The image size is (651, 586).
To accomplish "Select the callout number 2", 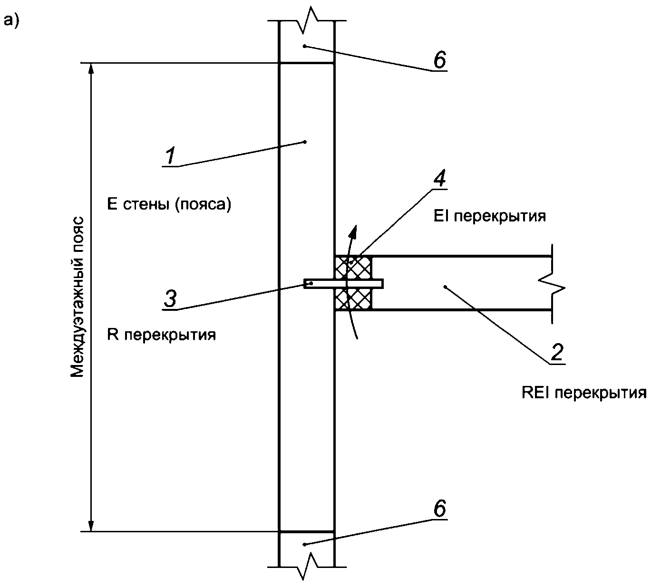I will point(557,352).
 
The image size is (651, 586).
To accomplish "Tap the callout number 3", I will point(170,298).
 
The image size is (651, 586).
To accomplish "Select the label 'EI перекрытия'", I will point(489,216).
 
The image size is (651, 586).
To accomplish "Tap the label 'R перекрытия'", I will point(162,335).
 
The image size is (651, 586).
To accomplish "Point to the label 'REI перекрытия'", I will point(584,393).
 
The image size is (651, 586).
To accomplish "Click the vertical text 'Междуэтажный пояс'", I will point(77,297).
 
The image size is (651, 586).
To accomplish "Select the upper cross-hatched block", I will point(353,268).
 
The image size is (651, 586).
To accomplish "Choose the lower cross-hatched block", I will point(353,299).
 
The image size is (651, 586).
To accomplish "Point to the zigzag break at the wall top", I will point(307,20).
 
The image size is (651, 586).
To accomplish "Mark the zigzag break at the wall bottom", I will point(307,566).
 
